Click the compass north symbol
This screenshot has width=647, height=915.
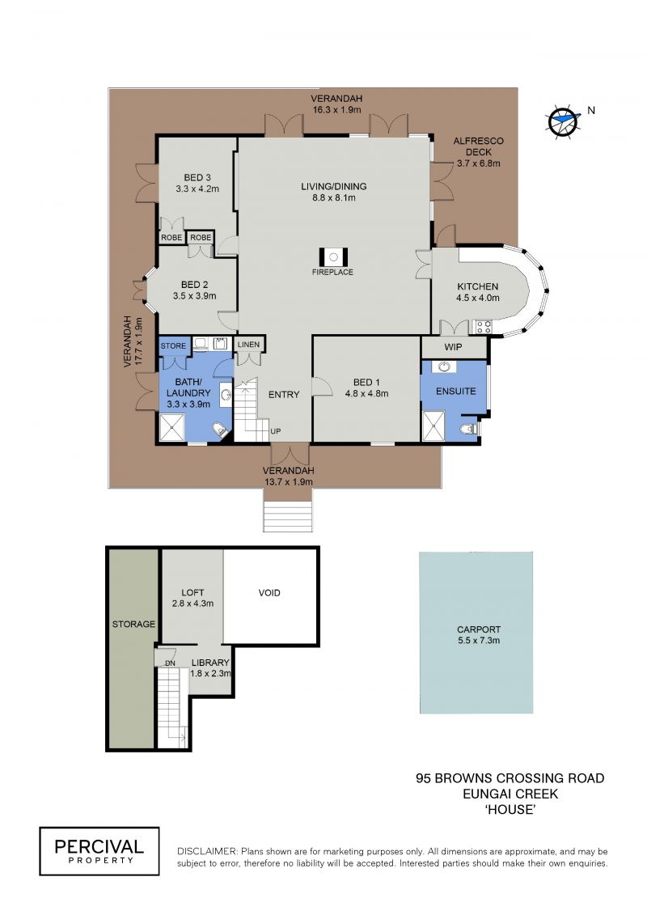click(563, 121)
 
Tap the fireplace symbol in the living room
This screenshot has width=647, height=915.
click(333, 256)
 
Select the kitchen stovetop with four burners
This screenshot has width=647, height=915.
click(483, 327)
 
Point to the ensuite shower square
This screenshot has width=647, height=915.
click(433, 426)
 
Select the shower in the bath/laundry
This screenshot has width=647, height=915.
click(171, 428)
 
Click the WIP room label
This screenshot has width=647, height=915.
click(454, 346)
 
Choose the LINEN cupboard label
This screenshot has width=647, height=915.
click(248, 345)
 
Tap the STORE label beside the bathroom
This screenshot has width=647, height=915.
click(173, 345)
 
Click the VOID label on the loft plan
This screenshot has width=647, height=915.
click(269, 593)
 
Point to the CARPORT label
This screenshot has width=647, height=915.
click(479, 629)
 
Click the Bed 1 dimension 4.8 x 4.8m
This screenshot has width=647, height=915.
click(367, 393)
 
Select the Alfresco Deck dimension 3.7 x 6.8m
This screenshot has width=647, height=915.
click(479, 163)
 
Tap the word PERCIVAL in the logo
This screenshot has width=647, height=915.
click(99, 846)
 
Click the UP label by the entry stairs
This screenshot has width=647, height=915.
click(275, 431)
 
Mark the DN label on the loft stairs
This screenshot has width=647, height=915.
click(170, 663)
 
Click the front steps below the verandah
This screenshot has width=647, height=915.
click(288, 516)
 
